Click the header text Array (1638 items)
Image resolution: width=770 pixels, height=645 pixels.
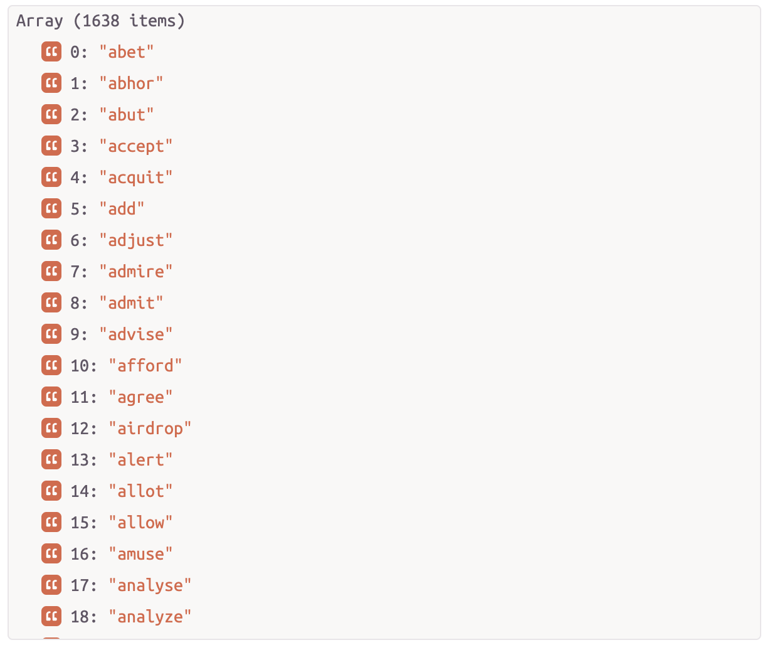tap(100, 21)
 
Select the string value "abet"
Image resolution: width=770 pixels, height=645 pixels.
tap(126, 52)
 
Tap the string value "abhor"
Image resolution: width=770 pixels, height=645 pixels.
tap(131, 83)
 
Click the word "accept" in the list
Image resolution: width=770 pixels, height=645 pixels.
tap(135, 146)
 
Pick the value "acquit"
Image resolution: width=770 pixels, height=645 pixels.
tap(135, 178)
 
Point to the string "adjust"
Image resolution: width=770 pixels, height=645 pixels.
tap(135, 240)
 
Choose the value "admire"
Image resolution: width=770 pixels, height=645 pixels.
tap(135, 272)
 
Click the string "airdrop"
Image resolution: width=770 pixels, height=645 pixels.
tap(150, 429)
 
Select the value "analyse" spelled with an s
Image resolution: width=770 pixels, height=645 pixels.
tap(150, 585)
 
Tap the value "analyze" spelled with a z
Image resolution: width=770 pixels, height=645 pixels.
tap(150, 617)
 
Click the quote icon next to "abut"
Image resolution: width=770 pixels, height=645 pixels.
tap(51, 114)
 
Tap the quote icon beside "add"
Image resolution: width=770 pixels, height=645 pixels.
tap(51, 208)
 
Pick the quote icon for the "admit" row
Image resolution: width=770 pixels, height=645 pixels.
tap(51, 302)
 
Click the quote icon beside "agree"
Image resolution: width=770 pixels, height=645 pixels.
tap(51, 397)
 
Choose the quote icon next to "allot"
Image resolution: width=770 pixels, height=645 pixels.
tap(51, 491)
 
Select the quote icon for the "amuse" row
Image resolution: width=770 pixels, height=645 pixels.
tap(51, 553)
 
